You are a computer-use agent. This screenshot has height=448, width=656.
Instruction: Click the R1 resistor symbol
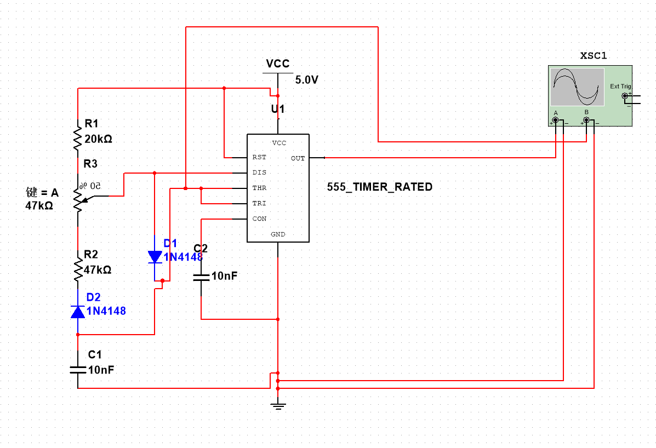[x=78, y=135]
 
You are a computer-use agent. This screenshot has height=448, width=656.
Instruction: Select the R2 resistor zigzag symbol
[x=78, y=266]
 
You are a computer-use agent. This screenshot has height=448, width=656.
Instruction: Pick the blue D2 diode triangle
[x=78, y=312]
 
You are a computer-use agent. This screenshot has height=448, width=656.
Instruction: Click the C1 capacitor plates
[x=78, y=370]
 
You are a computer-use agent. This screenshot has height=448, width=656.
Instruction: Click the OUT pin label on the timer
[x=298, y=158]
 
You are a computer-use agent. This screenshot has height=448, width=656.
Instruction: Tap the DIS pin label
[x=259, y=172]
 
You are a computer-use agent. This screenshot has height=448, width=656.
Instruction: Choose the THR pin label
[x=259, y=188]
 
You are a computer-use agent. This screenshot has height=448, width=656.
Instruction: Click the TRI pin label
[x=259, y=203]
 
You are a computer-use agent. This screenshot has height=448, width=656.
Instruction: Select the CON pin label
[x=259, y=219]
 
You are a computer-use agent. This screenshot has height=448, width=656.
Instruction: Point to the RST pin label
[x=259, y=157]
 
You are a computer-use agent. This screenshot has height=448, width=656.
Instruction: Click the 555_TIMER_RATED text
[x=380, y=187]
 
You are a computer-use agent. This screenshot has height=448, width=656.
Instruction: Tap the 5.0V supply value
[x=307, y=80]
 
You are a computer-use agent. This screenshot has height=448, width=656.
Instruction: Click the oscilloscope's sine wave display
[x=577, y=87]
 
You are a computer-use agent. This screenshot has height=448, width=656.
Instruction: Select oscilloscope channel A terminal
[x=556, y=120]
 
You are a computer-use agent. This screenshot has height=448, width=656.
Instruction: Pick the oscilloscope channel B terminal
[x=586, y=120]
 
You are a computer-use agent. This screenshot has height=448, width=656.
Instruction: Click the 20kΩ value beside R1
[x=98, y=139]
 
